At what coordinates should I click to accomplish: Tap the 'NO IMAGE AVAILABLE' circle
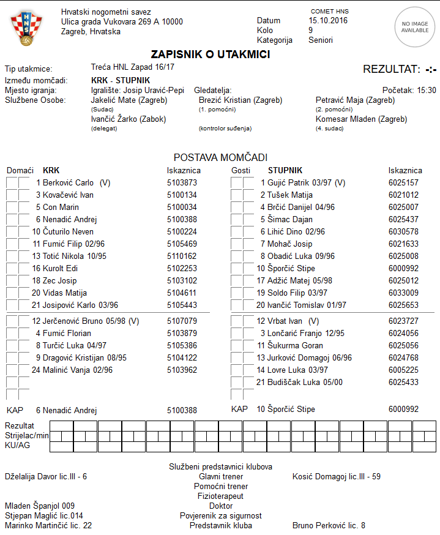tap(414, 26)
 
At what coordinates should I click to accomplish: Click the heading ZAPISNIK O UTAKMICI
tap(211, 54)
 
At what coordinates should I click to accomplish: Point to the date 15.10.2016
tap(328, 21)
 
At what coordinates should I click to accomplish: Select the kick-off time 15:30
tap(427, 90)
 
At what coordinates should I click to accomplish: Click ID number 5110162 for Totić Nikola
tap(182, 256)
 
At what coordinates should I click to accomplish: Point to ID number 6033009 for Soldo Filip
tap(403, 293)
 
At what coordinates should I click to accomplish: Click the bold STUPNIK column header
tap(285, 170)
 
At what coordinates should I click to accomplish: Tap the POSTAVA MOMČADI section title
tap(220, 157)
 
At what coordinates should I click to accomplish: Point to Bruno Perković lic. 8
tap(329, 525)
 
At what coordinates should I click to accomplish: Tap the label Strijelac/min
tap(26, 435)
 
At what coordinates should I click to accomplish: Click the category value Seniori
tap(321, 40)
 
